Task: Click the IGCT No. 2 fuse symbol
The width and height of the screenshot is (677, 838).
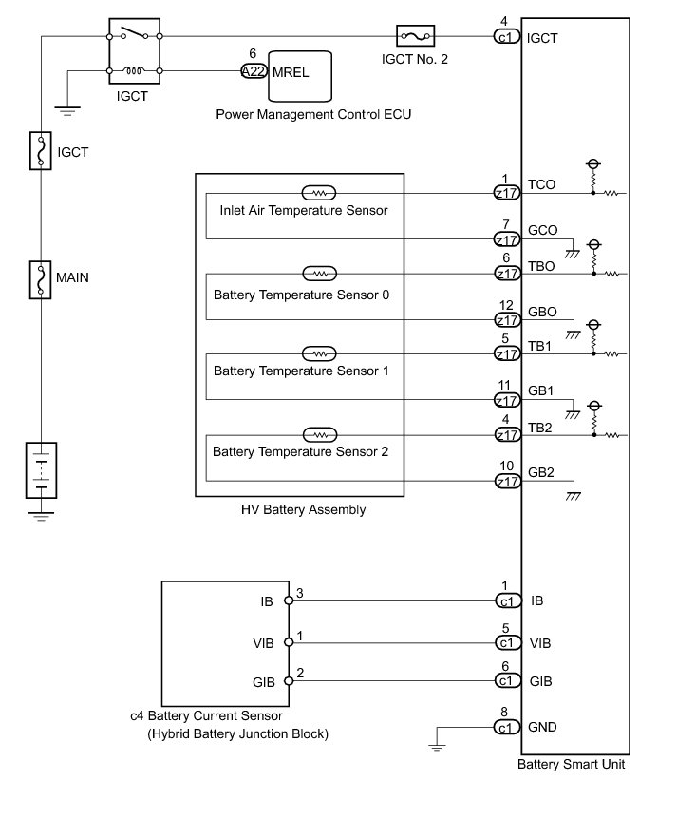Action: coord(416,37)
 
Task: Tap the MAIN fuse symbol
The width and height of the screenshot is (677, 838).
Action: coord(41,278)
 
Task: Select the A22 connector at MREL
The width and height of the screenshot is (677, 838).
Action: coord(253,70)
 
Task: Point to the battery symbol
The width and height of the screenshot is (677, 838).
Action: coord(41,470)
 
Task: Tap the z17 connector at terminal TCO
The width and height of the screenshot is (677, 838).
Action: coord(507,192)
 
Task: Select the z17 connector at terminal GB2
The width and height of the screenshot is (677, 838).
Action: coord(507,481)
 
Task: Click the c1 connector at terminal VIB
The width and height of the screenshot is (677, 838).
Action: coord(507,643)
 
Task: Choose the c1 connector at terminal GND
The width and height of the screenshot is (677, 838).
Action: coord(507,728)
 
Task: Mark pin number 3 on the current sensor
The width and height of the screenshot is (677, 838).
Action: coord(300,593)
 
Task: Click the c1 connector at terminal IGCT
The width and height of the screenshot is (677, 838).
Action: coord(507,37)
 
